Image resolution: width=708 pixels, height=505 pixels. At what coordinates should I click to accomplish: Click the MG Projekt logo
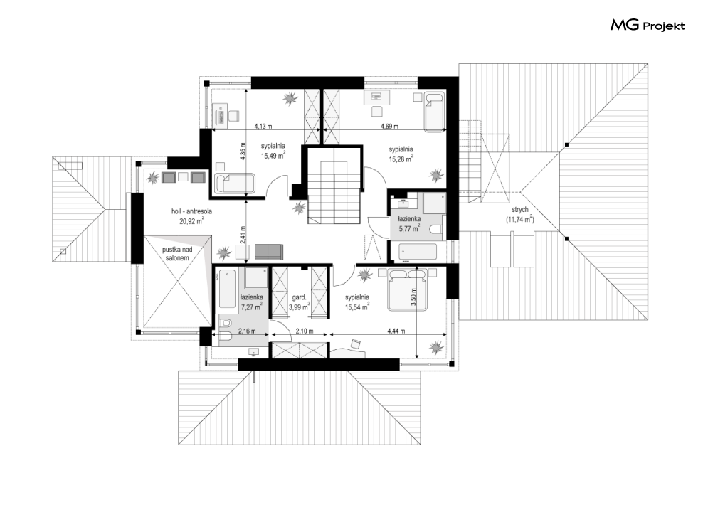pyautogui.click(x=648, y=26)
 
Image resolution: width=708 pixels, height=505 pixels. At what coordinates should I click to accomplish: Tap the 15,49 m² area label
pyautogui.click(x=273, y=156)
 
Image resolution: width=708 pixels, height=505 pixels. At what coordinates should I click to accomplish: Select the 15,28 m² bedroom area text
pyautogui.click(x=401, y=159)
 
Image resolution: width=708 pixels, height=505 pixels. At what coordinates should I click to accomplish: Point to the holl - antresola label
pyautogui.click(x=192, y=211)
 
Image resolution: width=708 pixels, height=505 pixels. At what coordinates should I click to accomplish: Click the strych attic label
pyautogui.click(x=519, y=210)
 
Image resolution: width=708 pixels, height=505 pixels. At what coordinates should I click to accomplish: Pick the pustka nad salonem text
pyautogui.click(x=176, y=254)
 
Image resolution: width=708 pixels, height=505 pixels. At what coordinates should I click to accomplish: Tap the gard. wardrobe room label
pyautogui.click(x=299, y=297)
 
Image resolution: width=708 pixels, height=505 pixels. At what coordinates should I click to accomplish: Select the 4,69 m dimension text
pyautogui.click(x=389, y=127)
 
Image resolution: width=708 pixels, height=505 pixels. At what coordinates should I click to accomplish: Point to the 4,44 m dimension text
pyautogui.click(x=396, y=331)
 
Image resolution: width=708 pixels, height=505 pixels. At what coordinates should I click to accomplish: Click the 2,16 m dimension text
pyautogui.click(x=246, y=331)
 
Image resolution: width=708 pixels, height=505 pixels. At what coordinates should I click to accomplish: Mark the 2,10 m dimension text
pyautogui.click(x=305, y=331)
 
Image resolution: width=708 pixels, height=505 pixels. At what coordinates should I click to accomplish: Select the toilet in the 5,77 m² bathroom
pyautogui.click(x=436, y=230)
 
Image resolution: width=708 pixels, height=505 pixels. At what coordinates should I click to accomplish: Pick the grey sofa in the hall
pyautogui.click(x=269, y=251)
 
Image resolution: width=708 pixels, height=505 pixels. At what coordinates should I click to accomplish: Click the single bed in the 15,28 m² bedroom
pyautogui.click(x=434, y=112)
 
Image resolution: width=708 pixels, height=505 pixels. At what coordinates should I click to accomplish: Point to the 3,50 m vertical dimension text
pyautogui.click(x=413, y=297)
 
